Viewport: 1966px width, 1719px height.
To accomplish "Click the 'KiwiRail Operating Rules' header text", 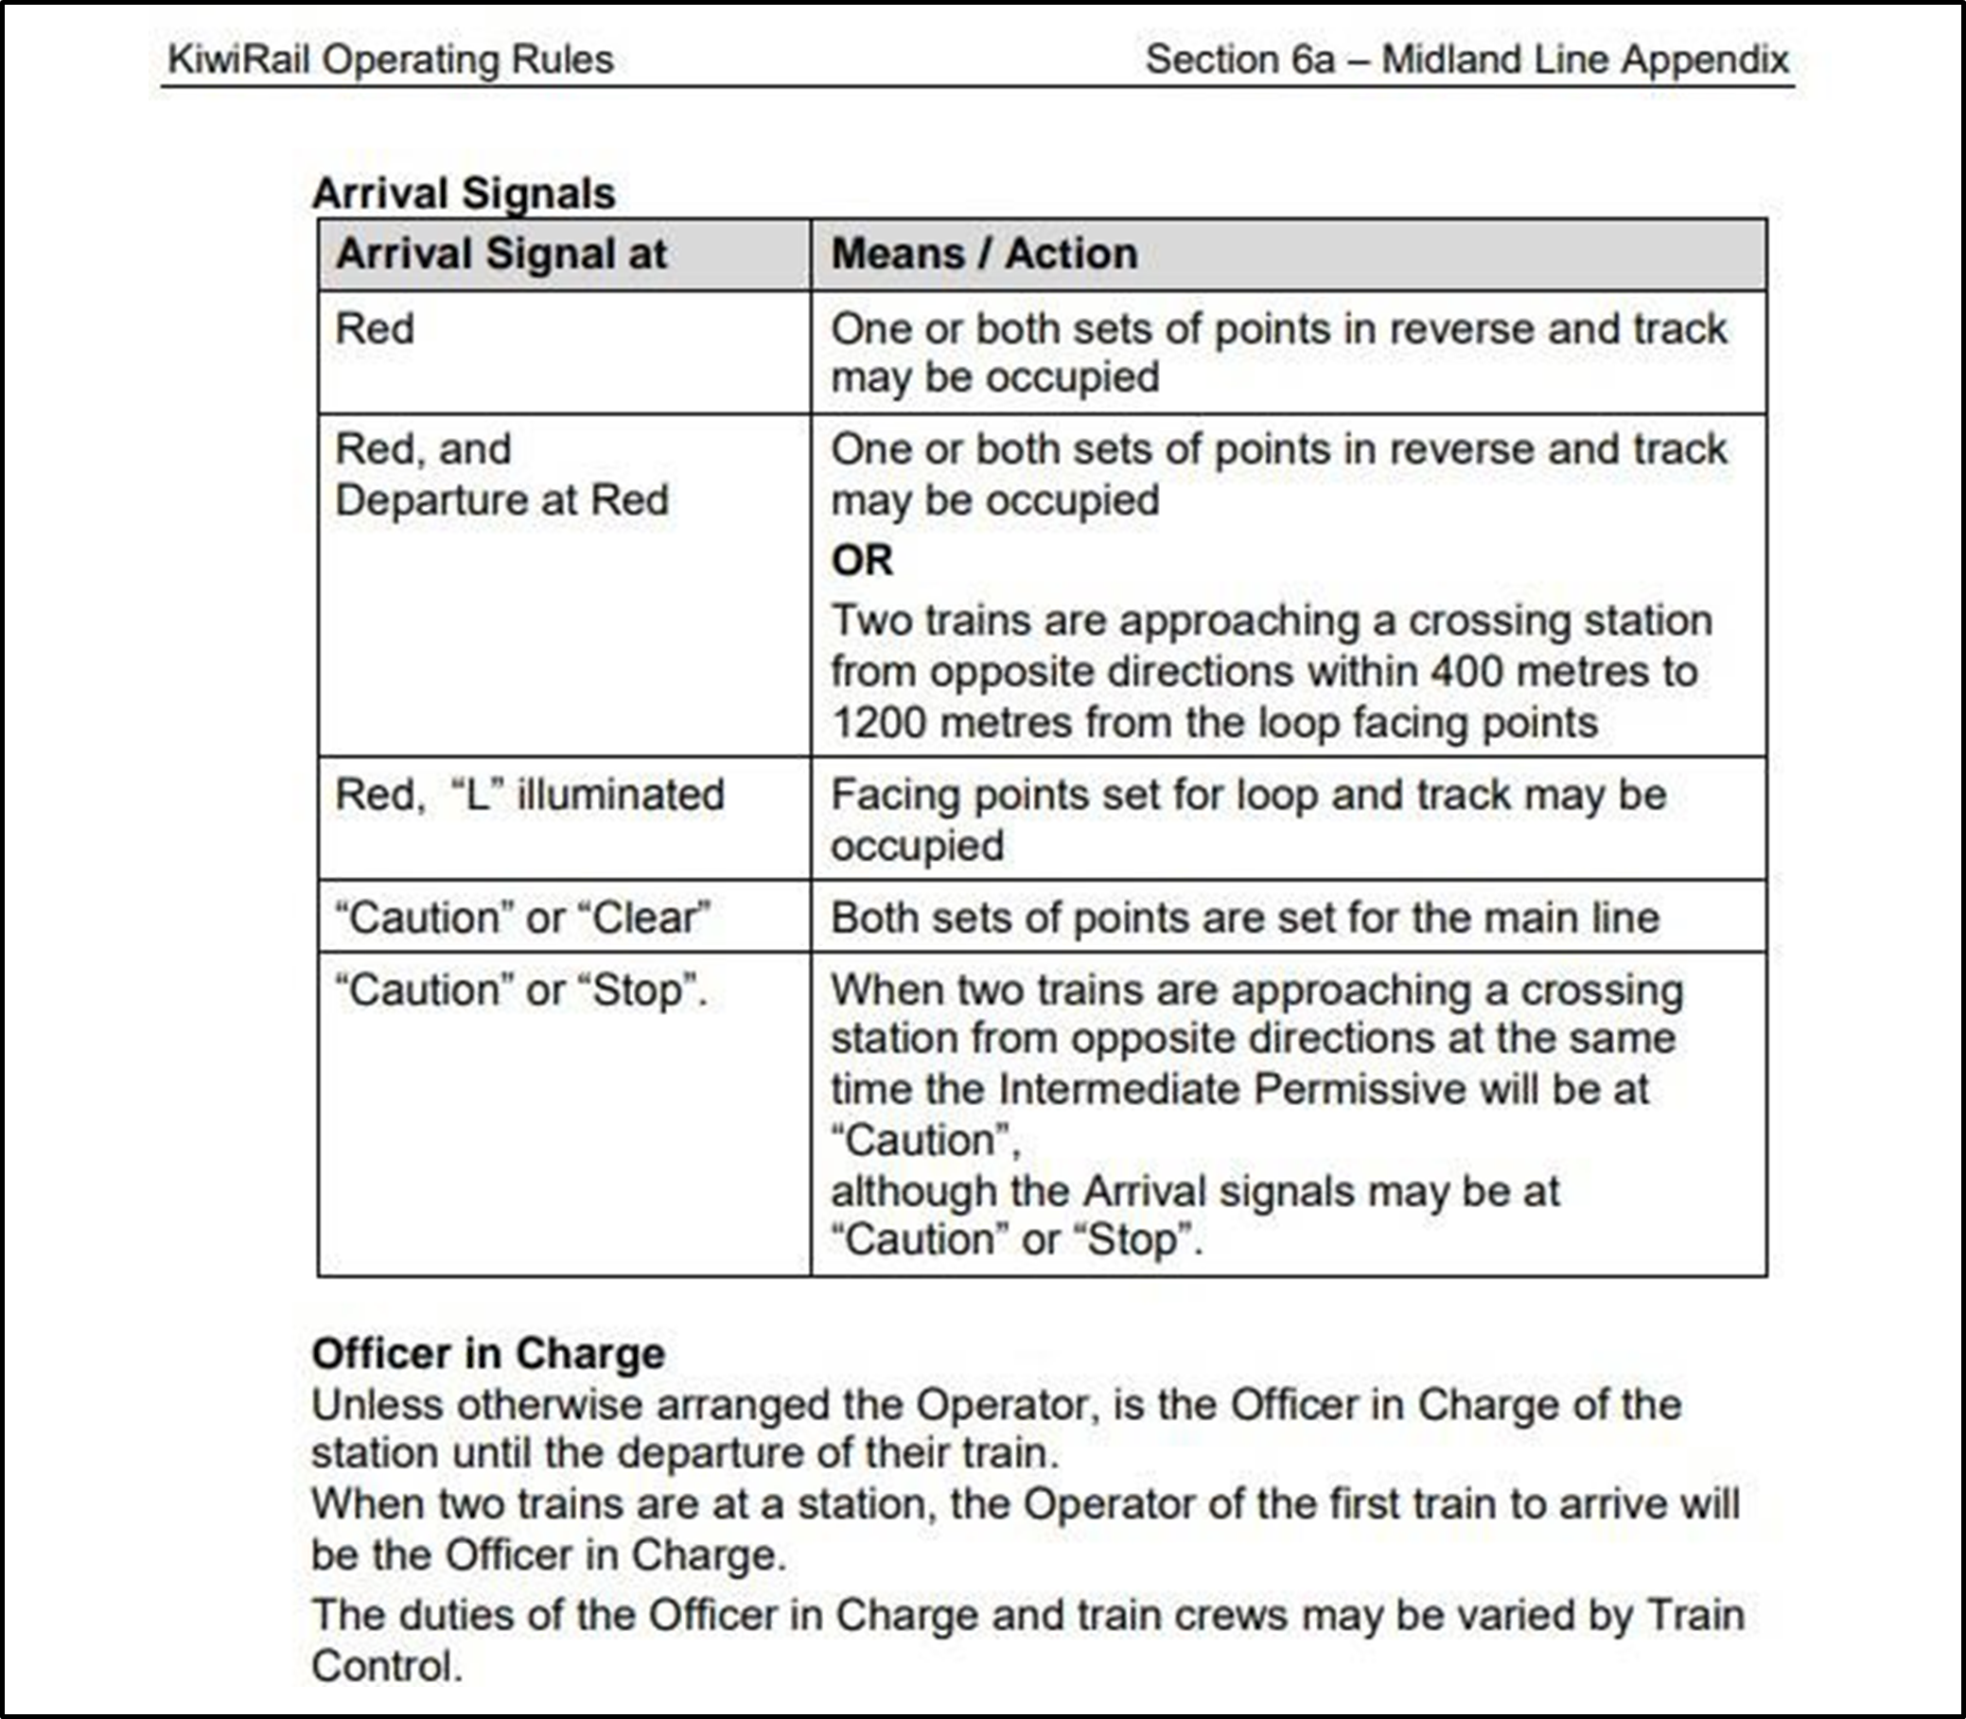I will click(390, 60).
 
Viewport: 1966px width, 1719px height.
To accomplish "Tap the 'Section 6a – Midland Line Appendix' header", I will click(1466, 60).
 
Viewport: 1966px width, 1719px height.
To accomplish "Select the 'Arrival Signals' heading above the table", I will click(464, 193).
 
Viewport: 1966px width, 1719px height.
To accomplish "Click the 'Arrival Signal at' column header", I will click(500, 254).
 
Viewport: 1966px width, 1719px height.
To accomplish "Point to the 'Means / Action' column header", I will click(984, 254).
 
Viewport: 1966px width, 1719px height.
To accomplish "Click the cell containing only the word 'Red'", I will click(375, 329).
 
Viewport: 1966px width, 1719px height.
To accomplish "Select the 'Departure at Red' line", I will click(500, 500).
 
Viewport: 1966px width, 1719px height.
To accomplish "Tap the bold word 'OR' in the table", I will click(862, 560).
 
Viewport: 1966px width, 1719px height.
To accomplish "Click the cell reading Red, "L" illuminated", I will click(529, 796).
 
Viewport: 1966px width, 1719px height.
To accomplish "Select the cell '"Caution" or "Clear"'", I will click(523, 918).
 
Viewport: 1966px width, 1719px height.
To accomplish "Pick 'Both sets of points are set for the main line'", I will click(1244, 918).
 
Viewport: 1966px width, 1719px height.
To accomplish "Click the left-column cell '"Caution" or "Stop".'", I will click(521, 990).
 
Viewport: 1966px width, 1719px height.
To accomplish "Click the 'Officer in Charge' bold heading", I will click(487, 1354).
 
